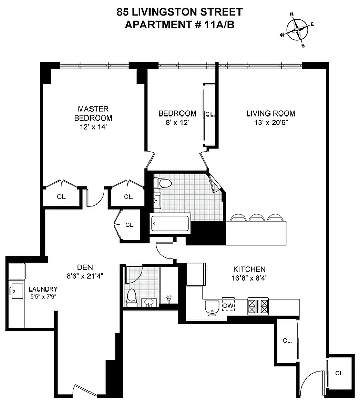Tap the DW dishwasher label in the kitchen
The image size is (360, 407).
(x=228, y=305)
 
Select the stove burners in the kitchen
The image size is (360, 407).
(x=258, y=305)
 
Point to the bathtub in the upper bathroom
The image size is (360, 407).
(x=170, y=224)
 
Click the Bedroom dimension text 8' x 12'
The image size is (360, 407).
(x=177, y=123)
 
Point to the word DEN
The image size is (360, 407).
(x=84, y=266)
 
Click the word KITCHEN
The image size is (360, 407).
(x=250, y=269)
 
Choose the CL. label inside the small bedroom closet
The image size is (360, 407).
(x=209, y=114)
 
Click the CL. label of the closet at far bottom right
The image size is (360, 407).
(x=340, y=373)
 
